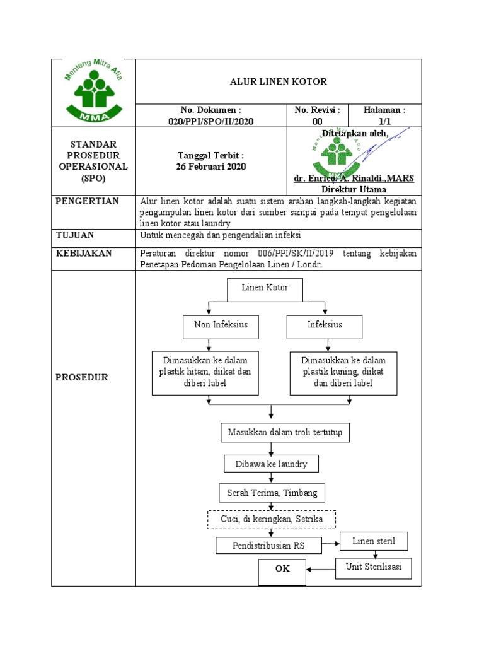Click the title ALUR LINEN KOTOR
point(278,82)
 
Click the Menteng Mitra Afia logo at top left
point(93,91)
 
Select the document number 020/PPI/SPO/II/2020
point(211,122)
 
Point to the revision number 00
point(317,122)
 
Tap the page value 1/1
point(384,122)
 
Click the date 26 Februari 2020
point(211,167)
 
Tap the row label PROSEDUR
point(83,377)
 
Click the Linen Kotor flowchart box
point(265,288)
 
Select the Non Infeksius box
point(216,326)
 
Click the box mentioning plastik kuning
point(343,372)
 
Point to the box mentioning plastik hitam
point(205,372)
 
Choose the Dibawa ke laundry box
point(272,464)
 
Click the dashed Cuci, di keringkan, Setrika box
point(272,519)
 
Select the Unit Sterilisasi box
point(373,567)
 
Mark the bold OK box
point(282,569)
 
